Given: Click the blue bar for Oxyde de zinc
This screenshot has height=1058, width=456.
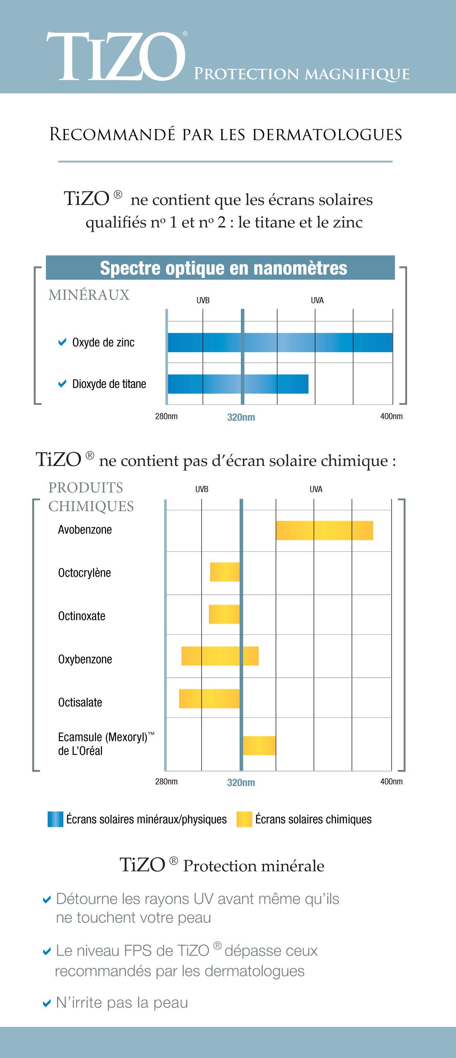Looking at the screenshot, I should tap(280, 342).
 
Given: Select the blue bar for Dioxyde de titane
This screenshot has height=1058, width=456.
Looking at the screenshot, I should tap(238, 384).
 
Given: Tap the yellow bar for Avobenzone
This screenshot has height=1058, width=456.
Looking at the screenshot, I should tap(324, 530).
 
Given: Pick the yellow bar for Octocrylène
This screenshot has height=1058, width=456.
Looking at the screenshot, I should tap(225, 572).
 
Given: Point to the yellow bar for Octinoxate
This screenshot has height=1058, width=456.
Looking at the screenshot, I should tap(224, 614).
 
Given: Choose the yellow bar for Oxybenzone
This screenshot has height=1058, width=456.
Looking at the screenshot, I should tap(220, 656).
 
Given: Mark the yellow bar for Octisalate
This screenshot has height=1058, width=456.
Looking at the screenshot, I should tap(209, 699).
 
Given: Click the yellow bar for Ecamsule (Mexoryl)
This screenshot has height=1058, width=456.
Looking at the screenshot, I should tap(259, 745).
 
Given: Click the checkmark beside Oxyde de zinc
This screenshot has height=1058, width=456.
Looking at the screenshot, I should tap(62, 342).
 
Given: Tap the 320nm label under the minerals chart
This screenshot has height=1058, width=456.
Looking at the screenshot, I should tap(241, 417).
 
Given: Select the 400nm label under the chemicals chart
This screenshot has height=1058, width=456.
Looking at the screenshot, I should tap(391, 782).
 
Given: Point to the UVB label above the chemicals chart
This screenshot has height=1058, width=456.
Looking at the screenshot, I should tap(201, 489).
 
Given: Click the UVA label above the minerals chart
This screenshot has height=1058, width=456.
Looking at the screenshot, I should tap(317, 300).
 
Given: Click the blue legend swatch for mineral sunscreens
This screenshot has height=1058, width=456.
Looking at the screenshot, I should tap(55, 819).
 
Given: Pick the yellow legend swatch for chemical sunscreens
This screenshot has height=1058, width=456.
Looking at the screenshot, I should tap(244, 819).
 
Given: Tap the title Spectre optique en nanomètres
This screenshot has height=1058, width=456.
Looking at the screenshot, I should tap(223, 268).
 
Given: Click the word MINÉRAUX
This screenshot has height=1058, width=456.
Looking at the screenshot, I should tap(89, 295).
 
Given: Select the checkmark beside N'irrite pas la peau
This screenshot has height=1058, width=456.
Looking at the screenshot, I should tap(47, 1003).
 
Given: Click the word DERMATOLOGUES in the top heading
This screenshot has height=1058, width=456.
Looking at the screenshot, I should tap(327, 135).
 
